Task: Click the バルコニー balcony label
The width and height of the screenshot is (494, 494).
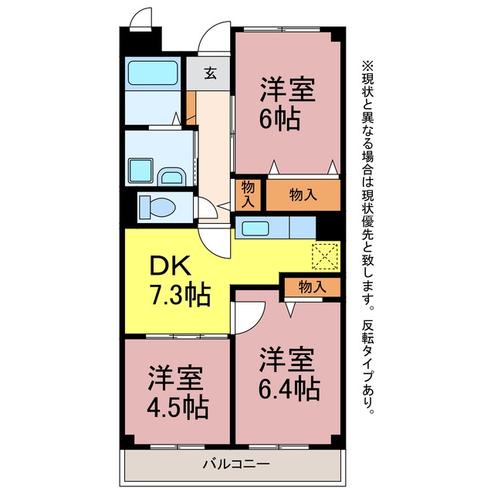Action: (x=236, y=464)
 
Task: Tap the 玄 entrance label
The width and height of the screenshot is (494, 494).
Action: (x=210, y=73)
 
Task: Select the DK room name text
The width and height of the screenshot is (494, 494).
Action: (x=170, y=266)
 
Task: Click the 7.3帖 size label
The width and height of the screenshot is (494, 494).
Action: (x=181, y=294)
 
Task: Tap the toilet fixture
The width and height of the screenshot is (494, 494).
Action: (x=157, y=207)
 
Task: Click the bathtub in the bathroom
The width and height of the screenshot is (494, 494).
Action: (x=153, y=73)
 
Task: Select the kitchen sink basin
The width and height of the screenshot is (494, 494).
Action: (x=255, y=228)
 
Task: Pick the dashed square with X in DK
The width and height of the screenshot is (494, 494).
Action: (x=325, y=256)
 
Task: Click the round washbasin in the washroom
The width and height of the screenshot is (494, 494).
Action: (x=171, y=177)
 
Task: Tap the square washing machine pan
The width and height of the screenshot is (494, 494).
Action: (x=140, y=171)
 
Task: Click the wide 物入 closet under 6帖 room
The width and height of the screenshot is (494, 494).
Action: (x=303, y=195)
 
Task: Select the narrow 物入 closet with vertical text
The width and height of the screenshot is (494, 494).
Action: (x=248, y=195)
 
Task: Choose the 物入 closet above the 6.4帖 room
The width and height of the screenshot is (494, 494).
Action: (x=312, y=287)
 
